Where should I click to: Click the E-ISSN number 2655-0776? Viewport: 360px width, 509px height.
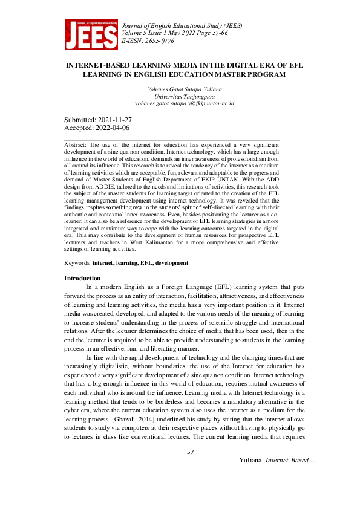click(x=159, y=41)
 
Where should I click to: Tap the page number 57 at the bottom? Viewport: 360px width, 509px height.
click(x=190, y=452)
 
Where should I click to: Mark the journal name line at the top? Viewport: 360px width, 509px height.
click(x=182, y=26)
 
